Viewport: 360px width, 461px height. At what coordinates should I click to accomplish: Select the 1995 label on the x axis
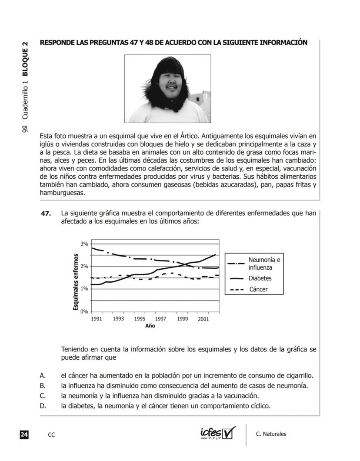tap(139, 319)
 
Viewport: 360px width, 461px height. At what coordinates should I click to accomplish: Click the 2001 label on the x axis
tap(203, 319)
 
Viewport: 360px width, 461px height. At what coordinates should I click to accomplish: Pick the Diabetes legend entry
tap(260, 278)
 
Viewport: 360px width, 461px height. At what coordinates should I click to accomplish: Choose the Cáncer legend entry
tap(258, 289)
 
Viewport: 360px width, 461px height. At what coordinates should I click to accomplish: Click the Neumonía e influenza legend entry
tap(264, 264)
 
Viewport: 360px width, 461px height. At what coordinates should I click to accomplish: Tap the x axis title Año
tap(150, 326)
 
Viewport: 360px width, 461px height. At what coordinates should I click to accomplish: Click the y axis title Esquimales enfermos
tap(76, 282)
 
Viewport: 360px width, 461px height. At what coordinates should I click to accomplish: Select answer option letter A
tap(43, 375)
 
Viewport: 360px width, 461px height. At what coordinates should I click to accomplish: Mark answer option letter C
tap(43, 396)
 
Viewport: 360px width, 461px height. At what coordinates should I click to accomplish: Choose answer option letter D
tap(43, 406)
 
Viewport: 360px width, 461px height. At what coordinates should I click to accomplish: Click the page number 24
tap(24, 434)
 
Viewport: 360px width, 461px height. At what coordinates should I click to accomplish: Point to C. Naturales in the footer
tap(271, 434)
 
